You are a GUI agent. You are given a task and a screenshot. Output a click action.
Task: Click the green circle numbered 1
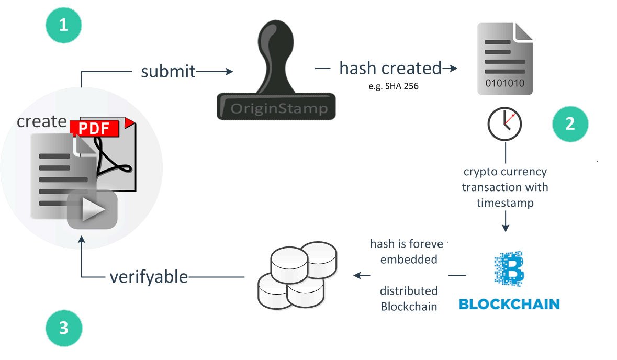(63, 24)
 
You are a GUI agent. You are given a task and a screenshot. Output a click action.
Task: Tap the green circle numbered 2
(570, 124)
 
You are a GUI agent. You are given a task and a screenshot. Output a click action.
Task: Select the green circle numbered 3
(63, 328)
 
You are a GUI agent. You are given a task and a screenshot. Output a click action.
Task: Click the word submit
(168, 71)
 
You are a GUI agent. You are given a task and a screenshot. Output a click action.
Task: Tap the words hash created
(390, 68)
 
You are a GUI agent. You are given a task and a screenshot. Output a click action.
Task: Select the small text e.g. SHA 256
(394, 87)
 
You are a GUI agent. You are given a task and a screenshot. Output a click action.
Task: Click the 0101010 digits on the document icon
(505, 83)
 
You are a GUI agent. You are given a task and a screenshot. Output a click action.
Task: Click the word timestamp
(505, 203)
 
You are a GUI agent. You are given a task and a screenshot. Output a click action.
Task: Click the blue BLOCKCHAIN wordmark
(509, 303)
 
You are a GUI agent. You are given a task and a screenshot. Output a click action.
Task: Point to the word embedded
(409, 260)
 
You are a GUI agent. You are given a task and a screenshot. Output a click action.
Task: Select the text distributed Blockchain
(409, 299)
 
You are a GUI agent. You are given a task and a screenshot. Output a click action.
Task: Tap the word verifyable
(149, 277)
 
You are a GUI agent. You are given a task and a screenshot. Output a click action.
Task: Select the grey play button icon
(92, 209)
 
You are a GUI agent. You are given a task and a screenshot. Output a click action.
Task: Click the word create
(41, 121)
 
